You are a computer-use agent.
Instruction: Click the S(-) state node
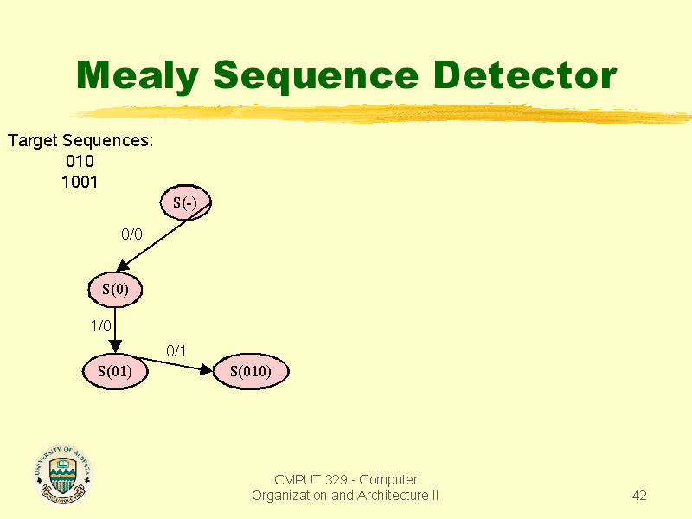pyautogui.click(x=185, y=202)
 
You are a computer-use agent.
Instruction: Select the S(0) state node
pyautogui.click(x=115, y=290)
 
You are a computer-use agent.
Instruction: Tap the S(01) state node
pyautogui.click(x=115, y=371)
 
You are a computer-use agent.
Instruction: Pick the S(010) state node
pyautogui.click(x=251, y=371)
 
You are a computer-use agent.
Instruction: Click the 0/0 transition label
pyautogui.click(x=132, y=234)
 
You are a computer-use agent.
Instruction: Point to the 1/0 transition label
pyautogui.click(x=101, y=326)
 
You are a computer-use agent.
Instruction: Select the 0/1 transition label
pyautogui.click(x=176, y=351)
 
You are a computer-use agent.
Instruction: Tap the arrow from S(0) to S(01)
pyautogui.click(x=115, y=330)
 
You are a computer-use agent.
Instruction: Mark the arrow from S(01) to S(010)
pyautogui.click(x=173, y=363)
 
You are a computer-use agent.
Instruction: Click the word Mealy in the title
pyautogui.click(x=138, y=76)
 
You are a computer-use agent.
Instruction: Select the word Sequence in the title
pyautogui.click(x=316, y=76)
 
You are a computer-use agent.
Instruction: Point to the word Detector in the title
pyautogui.click(x=525, y=75)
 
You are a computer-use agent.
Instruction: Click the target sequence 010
pyautogui.click(x=80, y=161)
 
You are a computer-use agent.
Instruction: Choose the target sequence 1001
pyautogui.click(x=80, y=182)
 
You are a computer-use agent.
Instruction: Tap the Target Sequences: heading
pyautogui.click(x=80, y=141)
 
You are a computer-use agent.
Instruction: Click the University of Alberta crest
pyautogui.click(x=63, y=475)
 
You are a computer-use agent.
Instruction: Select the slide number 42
pyautogui.click(x=639, y=495)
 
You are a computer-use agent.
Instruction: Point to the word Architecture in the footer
pyautogui.click(x=394, y=495)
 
